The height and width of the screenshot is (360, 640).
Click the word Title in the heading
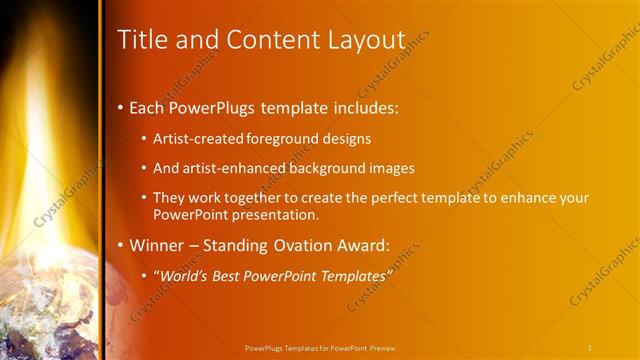pos(141,40)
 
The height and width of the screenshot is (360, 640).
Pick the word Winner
pos(158,245)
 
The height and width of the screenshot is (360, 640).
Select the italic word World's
pos(186,275)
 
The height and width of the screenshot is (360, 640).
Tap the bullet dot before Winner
pos(121,245)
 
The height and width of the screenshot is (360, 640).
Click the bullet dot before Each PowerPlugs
pos(121,107)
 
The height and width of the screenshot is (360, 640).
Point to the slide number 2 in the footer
pos(589,348)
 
